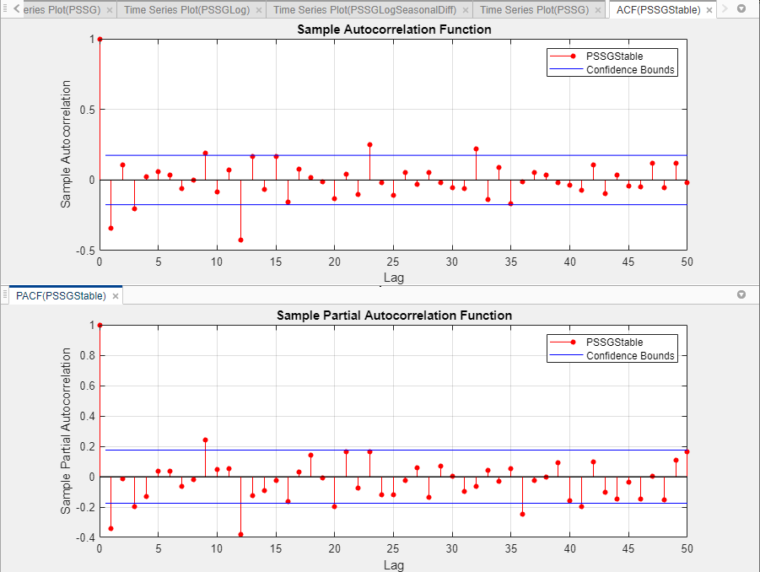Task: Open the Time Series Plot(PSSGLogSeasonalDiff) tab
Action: pyautogui.click(x=364, y=10)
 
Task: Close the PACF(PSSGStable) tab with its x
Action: pyautogui.click(x=116, y=296)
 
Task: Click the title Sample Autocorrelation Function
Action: pyautogui.click(x=394, y=30)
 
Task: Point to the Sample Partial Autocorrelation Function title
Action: pyautogui.click(x=394, y=316)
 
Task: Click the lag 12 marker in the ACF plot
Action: pyautogui.click(x=240, y=240)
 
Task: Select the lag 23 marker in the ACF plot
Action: pyautogui.click(x=369, y=144)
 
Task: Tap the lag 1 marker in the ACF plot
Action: pyautogui.click(x=110, y=229)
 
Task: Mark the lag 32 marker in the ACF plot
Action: pyautogui.click(x=476, y=148)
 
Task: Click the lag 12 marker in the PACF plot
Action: pyautogui.click(x=240, y=534)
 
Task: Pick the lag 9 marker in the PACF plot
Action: pyautogui.click(x=205, y=440)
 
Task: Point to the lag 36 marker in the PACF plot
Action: pyautogui.click(x=522, y=514)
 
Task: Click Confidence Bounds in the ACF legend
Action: pyautogui.click(x=630, y=70)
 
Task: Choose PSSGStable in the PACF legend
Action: pyautogui.click(x=614, y=343)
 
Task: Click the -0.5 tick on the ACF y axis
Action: pyautogui.click(x=84, y=251)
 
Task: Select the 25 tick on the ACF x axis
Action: pyautogui.click(x=393, y=262)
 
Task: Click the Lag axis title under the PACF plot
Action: pyautogui.click(x=393, y=564)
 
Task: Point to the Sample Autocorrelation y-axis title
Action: pyautogui.click(x=66, y=144)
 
